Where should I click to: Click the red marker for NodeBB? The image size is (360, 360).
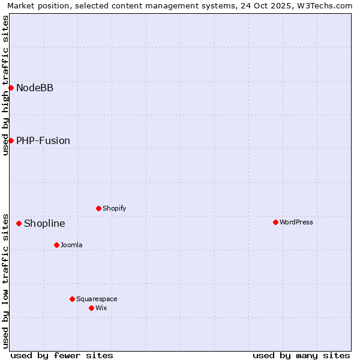coord(11,88)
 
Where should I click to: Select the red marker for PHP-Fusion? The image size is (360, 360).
coord(11,140)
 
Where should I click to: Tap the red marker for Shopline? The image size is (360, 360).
coord(19,223)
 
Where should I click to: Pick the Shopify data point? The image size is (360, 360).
coord(98,208)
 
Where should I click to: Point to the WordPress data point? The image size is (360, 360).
coord(275,222)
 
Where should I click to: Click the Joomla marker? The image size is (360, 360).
coord(56,245)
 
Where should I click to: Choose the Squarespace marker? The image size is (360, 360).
coord(72,299)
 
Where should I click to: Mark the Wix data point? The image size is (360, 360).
coord(91,308)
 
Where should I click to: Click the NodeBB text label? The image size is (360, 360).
coord(35,88)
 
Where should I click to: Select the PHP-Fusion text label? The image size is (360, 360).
coord(43,141)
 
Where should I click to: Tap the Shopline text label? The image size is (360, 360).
coord(44,224)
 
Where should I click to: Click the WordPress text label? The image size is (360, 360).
coord(296,222)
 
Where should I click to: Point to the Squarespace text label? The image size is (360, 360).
coord(97,299)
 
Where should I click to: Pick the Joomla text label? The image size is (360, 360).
coord(71,245)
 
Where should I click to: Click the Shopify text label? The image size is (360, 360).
coord(114,208)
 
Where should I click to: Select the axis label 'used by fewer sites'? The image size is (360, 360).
coord(62,355)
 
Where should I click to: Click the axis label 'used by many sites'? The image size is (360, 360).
coord(301,355)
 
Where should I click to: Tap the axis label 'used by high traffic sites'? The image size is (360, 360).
coord(5,85)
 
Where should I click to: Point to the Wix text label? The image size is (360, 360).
coord(101,308)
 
